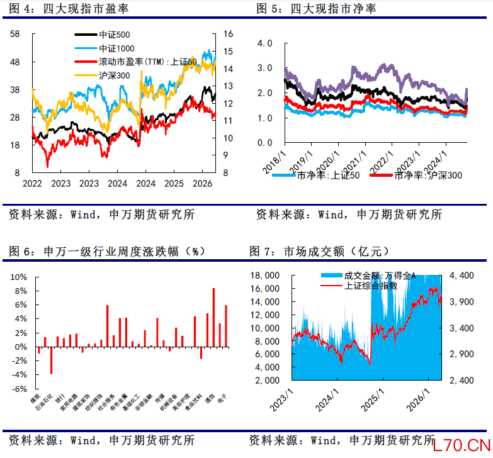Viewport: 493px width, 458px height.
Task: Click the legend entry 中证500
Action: point(114,36)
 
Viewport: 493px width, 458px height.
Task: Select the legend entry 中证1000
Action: point(116,48)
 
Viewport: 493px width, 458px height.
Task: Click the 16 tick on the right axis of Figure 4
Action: point(229,34)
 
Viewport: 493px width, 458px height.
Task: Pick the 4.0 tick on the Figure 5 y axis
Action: point(264,43)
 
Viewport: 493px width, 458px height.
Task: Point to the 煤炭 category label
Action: point(35,398)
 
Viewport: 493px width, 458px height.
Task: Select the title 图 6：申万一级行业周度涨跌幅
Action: point(108,252)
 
